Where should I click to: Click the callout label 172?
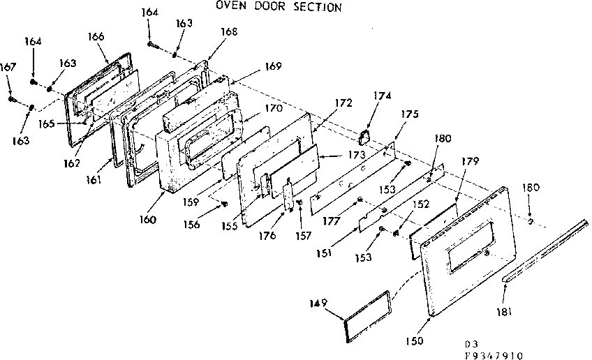click(x=343, y=103)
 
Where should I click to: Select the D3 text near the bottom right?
click(x=472, y=344)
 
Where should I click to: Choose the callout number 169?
click(x=273, y=67)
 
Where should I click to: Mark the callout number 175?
click(x=410, y=114)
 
